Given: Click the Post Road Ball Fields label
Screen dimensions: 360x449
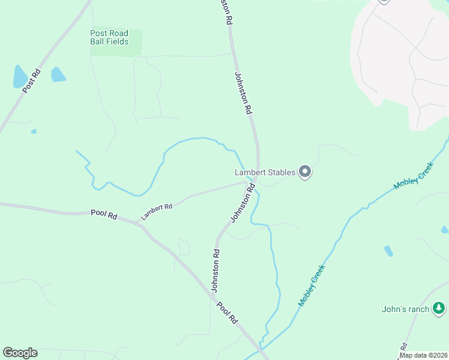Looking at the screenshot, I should click(x=109, y=37).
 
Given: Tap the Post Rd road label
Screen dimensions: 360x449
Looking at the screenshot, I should click(x=31, y=81).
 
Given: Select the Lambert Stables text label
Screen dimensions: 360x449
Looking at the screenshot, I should click(x=265, y=173).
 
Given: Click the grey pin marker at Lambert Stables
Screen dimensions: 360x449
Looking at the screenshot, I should click(x=305, y=172).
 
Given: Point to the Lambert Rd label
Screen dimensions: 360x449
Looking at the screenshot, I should click(x=157, y=211).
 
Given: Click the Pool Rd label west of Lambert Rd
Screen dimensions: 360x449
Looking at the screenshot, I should click(x=104, y=213).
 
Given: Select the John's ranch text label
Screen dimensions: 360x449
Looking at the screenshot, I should click(x=406, y=310).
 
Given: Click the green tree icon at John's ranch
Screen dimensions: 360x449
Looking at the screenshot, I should click(x=439, y=308).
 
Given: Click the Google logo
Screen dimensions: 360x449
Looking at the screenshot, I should click(x=20, y=353).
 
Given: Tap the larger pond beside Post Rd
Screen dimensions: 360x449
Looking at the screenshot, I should click(x=19, y=77).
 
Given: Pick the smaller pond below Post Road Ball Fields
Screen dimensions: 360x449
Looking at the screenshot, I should click(x=58, y=75).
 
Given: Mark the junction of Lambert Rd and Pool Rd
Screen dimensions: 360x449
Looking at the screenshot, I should click(x=140, y=222).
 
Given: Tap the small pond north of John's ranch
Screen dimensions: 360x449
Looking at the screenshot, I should click(x=388, y=251).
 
